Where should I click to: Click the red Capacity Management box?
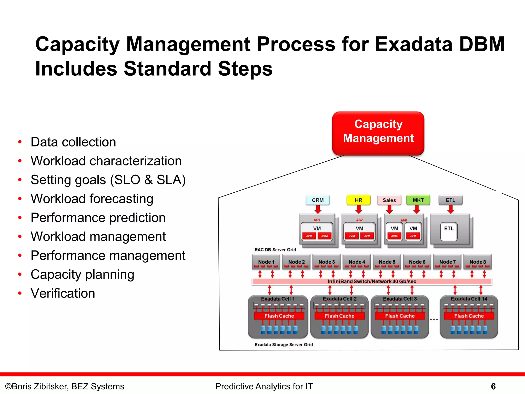tap(378, 133)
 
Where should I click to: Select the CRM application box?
tap(318, 200)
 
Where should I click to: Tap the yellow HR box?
tap(358, 200)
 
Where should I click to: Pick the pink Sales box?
tap(389, 200)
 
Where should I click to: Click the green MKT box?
tap(418, 200)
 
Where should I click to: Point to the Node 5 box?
tap(387, 262)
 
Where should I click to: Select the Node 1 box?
tap(266, 262)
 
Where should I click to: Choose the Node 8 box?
tap(478, 262)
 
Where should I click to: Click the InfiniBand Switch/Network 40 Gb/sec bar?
tap(372, 281)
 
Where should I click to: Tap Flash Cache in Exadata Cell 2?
tap(339, 316)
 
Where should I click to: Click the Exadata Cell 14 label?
tap(469, 299)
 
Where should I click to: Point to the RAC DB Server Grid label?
tap(275, 250)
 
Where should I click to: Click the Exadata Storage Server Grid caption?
tap(284, 344)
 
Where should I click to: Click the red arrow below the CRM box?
tap(318, 209)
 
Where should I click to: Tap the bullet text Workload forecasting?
tap(92, 199)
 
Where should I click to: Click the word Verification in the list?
tap(63, 293)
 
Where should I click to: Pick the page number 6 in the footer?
tap(493, 386)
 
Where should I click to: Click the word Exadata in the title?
tap(414, 44)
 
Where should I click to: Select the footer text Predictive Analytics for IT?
tap(264, 386)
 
